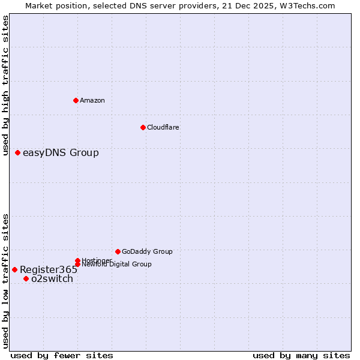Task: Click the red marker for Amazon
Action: coord(76,100)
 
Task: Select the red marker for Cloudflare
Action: coord(143,127)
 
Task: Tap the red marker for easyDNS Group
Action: coord(18,152)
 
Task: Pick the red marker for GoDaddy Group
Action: coord(118,251)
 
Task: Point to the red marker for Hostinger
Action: coord(78,260)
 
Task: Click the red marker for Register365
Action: coord(14,269)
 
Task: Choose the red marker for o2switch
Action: coord(26,278)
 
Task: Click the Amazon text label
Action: coord(92,100)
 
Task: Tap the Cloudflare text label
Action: coord(163,127)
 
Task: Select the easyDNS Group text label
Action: coord(61,152)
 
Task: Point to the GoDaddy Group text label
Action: coord(147,251)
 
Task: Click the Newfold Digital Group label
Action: coord(117,265)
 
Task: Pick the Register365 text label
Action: coord(49,269)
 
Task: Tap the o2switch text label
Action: coord(52,278)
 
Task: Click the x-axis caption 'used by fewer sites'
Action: coord(62,355)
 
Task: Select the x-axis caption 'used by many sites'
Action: coord(301,355)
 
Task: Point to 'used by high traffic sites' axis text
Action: coord(5,85)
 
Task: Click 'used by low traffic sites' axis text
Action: coord(5,280)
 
